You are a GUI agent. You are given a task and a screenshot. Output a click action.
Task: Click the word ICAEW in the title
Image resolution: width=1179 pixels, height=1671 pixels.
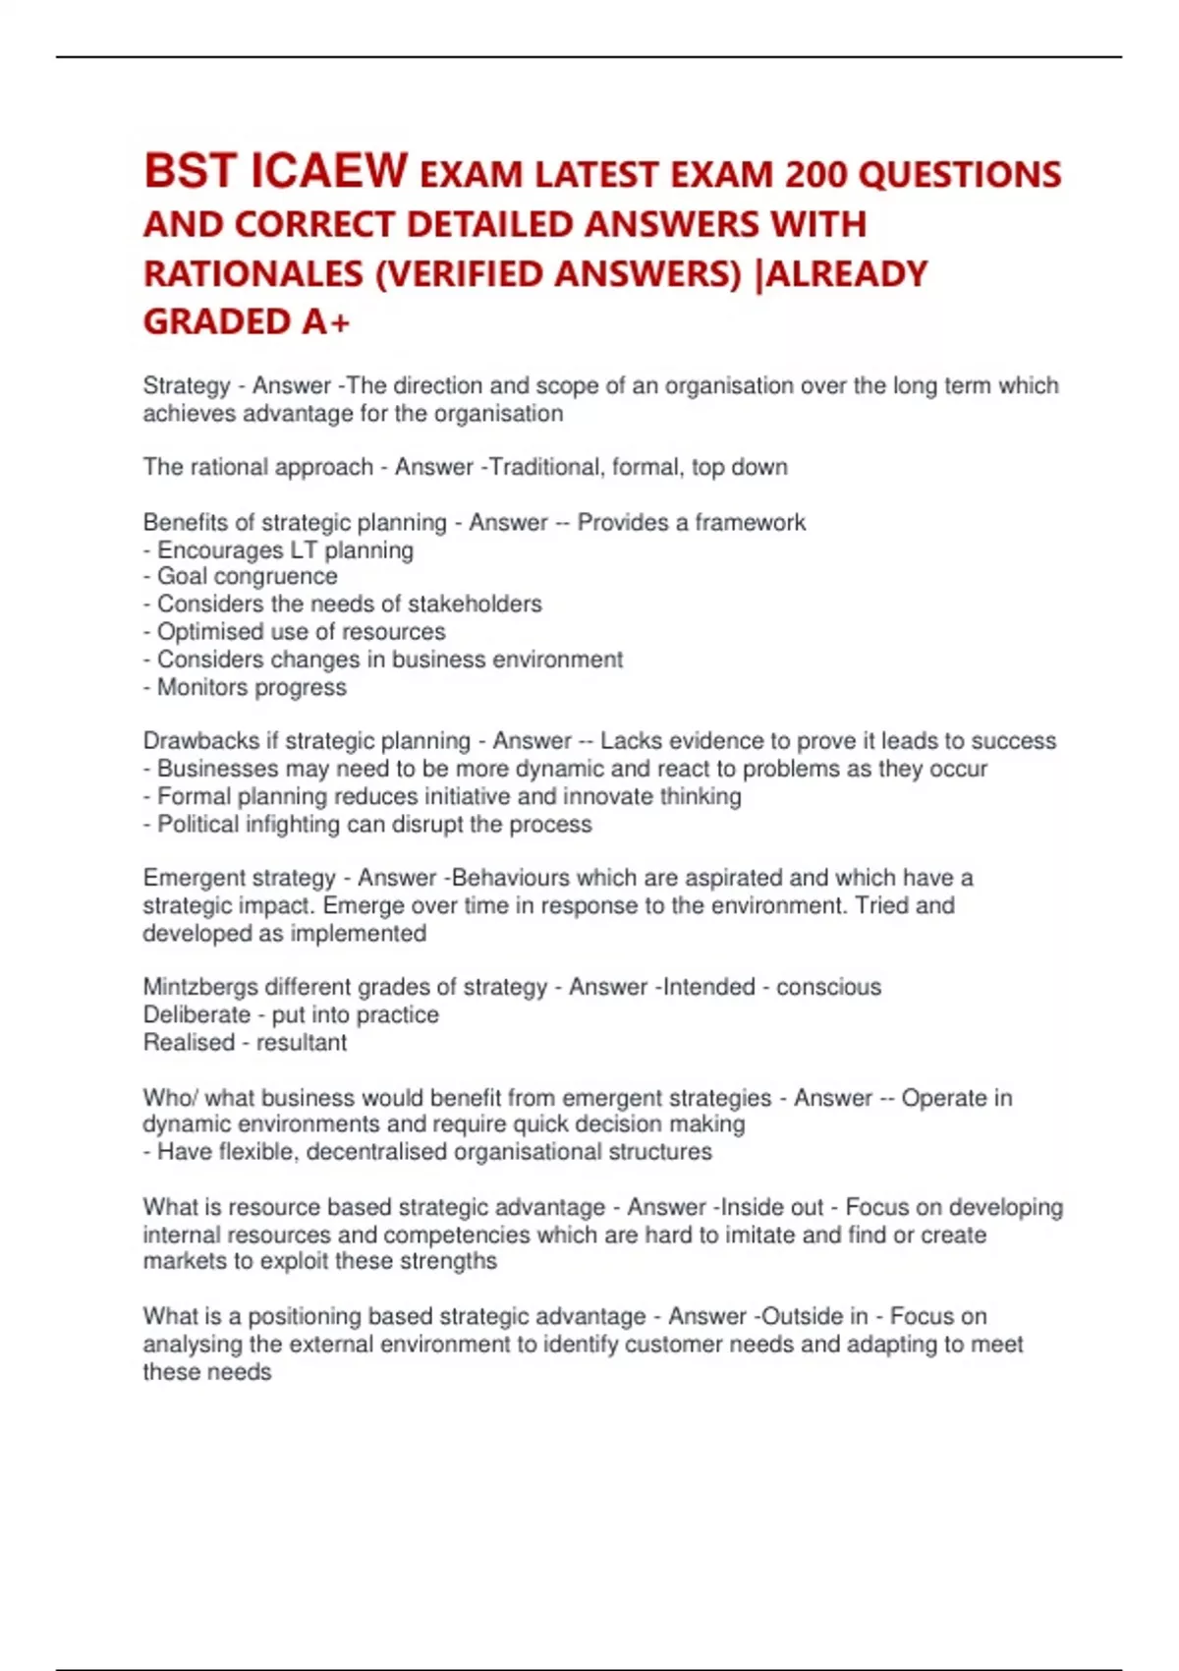(x=329, y=171)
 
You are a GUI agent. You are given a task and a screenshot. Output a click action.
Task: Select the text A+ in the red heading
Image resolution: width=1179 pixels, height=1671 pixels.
(x=326, y=321)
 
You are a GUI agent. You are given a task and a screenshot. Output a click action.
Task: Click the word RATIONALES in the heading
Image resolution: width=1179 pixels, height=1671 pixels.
(x=253, y=273)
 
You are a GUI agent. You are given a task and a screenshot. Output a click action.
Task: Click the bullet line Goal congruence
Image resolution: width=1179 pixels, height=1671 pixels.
(x=246, y=576)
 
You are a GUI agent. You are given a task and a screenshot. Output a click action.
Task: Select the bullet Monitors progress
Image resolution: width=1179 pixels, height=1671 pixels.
(x=251, y=687)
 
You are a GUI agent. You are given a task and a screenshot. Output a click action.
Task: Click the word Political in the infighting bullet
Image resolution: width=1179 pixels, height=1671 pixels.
(x=197, y=824)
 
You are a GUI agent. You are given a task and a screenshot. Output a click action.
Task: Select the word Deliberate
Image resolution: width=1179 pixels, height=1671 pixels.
(x=196, y=1014)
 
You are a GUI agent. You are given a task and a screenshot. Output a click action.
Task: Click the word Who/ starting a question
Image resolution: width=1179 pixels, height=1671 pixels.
(x=170, y=1097)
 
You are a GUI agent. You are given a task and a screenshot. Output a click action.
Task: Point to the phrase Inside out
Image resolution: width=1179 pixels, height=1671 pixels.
(x=772, y=1207)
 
